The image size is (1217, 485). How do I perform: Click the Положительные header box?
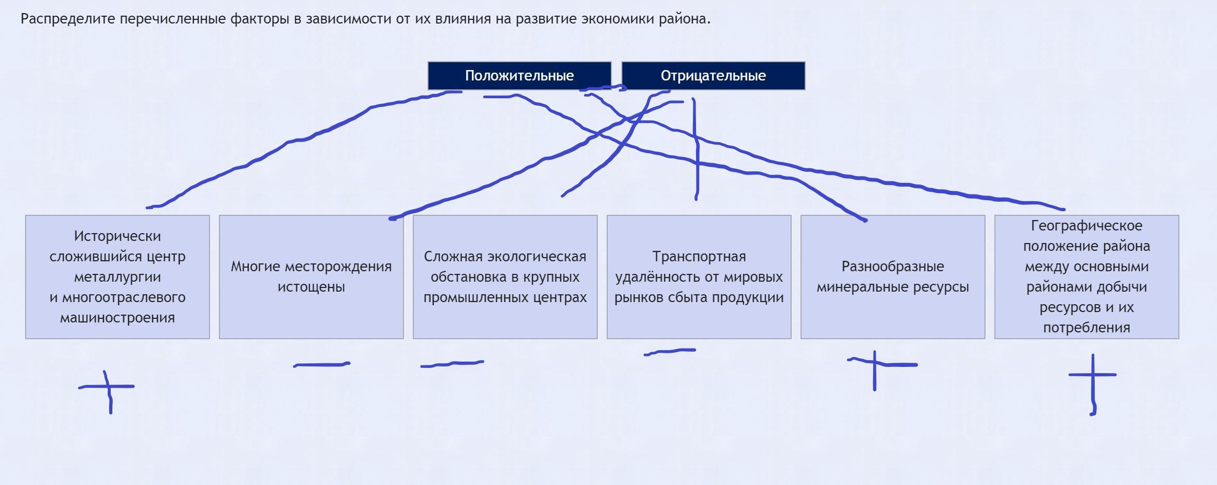[x=519, y=76]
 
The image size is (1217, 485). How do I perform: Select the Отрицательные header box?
[x=713, y=76]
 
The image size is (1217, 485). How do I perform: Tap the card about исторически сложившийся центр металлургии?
[x=118, y=277]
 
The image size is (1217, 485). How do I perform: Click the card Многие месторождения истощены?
[x=311, y=277]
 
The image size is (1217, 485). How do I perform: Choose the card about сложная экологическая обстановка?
[x=505, y=277]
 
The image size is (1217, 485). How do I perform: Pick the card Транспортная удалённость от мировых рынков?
[x=699, y=277]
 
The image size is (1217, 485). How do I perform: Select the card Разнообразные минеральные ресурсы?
[x=893, y=277]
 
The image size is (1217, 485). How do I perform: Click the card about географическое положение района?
[x=1087, y=277]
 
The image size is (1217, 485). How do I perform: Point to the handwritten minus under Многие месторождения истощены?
[x=322, y=365]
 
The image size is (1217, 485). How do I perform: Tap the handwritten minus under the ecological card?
[x=452, y=364]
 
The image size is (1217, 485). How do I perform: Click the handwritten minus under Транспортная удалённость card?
[x=670, y=352]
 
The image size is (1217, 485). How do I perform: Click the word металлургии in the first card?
[x=118, y=278]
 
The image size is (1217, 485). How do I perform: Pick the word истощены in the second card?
[x=311, y=287]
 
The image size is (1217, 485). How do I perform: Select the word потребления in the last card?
[x=1087, y=328]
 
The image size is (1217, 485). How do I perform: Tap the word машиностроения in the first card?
[x=118, y=318]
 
